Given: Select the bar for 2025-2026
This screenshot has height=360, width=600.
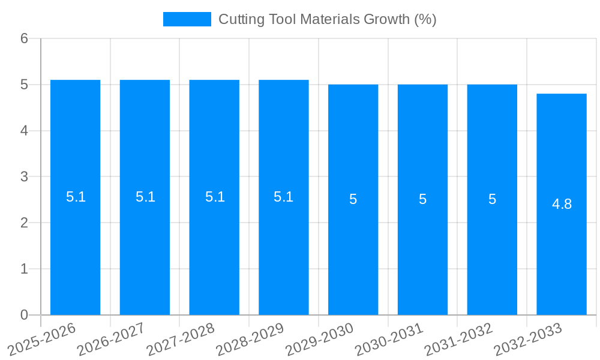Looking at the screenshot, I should click(x=75, y=240).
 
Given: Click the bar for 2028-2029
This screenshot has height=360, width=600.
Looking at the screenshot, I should click(x=284, y=240).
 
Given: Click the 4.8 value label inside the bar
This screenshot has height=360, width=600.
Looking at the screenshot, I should click(x=562, y=204).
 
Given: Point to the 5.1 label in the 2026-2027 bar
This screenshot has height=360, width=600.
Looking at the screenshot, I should click(x=145, y=197).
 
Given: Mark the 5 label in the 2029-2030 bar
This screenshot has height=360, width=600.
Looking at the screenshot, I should click(x=353, y=199).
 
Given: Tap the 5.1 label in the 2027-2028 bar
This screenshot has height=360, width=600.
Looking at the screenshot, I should click(x=215, y=197).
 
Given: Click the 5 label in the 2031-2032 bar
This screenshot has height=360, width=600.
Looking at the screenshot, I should click(x=492, y=199).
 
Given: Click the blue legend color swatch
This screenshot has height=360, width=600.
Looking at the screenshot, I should click(x=187, y=19).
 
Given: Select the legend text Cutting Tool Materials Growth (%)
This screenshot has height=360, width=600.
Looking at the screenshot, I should click(x=327, y=19).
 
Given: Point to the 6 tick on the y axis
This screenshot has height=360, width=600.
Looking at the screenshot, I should click(x=25, y=38).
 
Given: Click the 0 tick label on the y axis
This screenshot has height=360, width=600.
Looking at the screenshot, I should click(x=25, y=315).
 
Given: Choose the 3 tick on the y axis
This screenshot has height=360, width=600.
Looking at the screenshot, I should click(x=25, y=177).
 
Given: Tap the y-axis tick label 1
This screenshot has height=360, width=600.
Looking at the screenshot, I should click(x=25, y=269).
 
